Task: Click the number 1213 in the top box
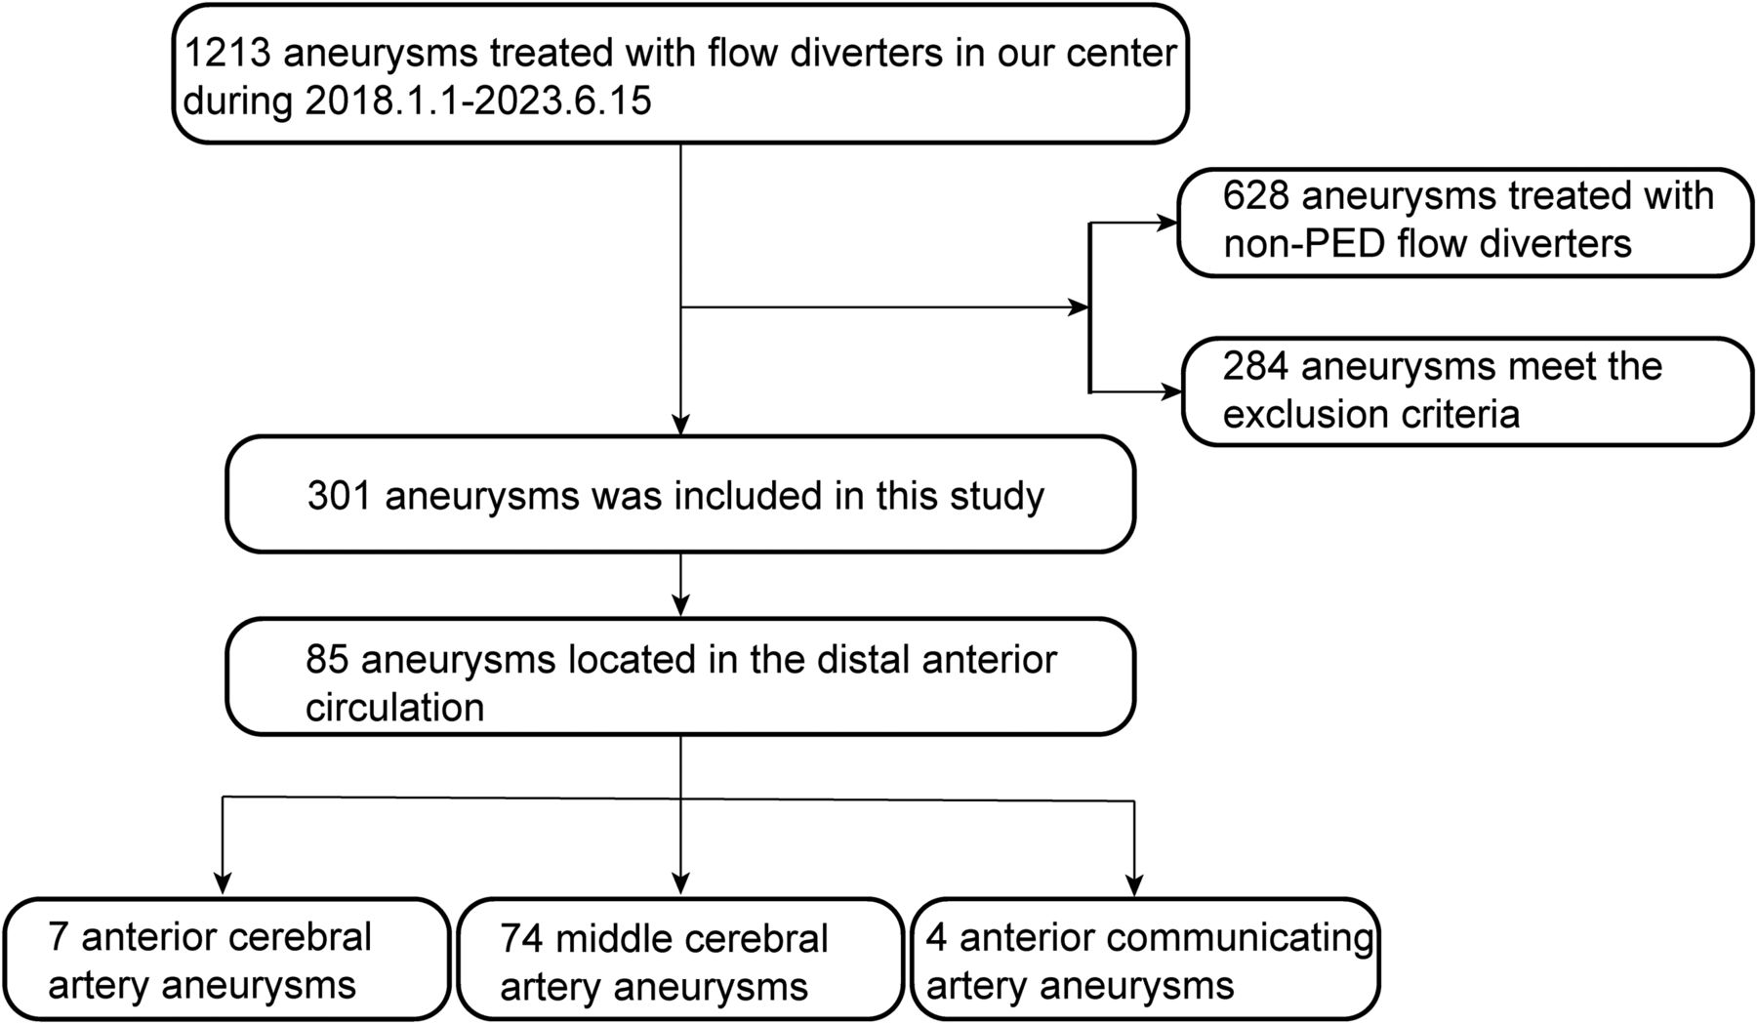click(x=227, y=53)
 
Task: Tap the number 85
click(x=326, y=660)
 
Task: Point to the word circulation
click(x=394, y=707)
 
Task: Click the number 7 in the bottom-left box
click(x=58, y=937)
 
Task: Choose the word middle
click(x=612, y=939)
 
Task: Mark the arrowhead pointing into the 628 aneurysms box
click(x=1167, y=224)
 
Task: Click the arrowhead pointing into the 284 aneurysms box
click(x=1170, y=392)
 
